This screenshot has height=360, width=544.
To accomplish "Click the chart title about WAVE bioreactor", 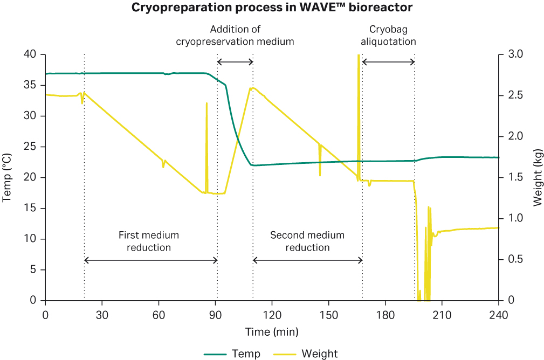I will (x=272, y=9).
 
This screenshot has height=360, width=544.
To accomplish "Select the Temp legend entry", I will (x=232, y=354).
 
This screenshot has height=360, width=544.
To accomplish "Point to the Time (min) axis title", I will (x=272, y=331).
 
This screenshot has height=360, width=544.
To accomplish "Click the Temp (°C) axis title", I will (x=7, y=177).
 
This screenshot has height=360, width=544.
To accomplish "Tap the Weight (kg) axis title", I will (x=537, y=177).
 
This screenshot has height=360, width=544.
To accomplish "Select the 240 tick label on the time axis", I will (x=498, y=313).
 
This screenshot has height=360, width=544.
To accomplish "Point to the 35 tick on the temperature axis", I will (x=32, y=85).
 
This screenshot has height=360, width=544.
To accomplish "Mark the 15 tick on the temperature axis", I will (x=32, y=208).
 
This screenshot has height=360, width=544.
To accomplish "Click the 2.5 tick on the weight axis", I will (x=511, y=95).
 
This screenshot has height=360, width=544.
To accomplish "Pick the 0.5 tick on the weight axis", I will (x=511, y=259).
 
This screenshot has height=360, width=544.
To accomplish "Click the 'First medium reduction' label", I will (x=149, y=241).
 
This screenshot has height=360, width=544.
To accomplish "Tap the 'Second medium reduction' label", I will (x=307, y=241).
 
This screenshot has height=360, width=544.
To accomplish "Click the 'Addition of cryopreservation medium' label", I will (x=236, y=35).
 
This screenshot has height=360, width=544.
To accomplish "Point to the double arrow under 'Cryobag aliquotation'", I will (x=388, y=62).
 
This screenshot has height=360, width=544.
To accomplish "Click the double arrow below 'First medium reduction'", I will (x=151, y=260).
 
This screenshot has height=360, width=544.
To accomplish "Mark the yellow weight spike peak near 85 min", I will (x=206, y=103).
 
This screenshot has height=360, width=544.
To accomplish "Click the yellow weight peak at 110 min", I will (x=252, y=88).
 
